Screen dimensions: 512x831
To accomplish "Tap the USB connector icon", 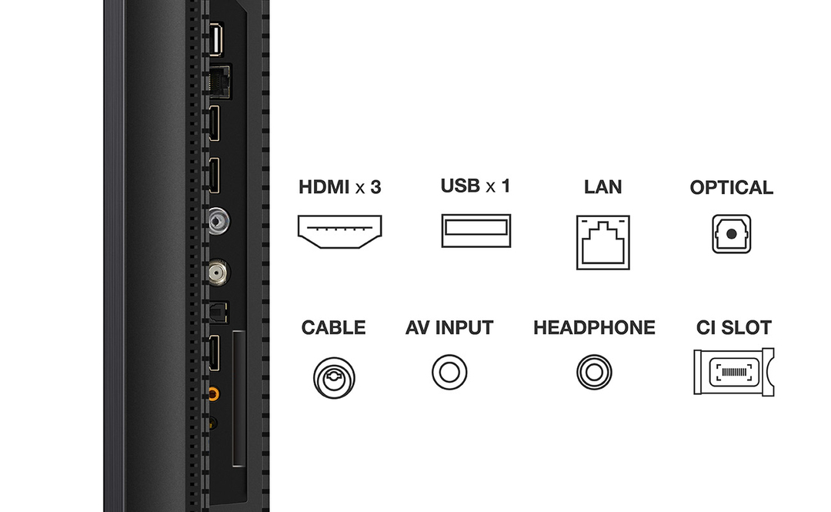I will [476, 231].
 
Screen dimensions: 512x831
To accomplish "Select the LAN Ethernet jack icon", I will [602, 242].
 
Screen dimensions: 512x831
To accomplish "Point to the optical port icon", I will [731, 234].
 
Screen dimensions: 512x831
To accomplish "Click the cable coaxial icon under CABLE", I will [334, 377].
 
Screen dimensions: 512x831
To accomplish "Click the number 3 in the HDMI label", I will [375, 187].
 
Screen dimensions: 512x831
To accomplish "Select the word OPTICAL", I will [731, 187].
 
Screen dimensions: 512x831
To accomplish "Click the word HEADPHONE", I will [594, 327].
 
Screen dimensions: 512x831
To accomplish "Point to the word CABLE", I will [333, 327].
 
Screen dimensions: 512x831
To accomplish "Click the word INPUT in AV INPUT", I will [464, 327].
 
